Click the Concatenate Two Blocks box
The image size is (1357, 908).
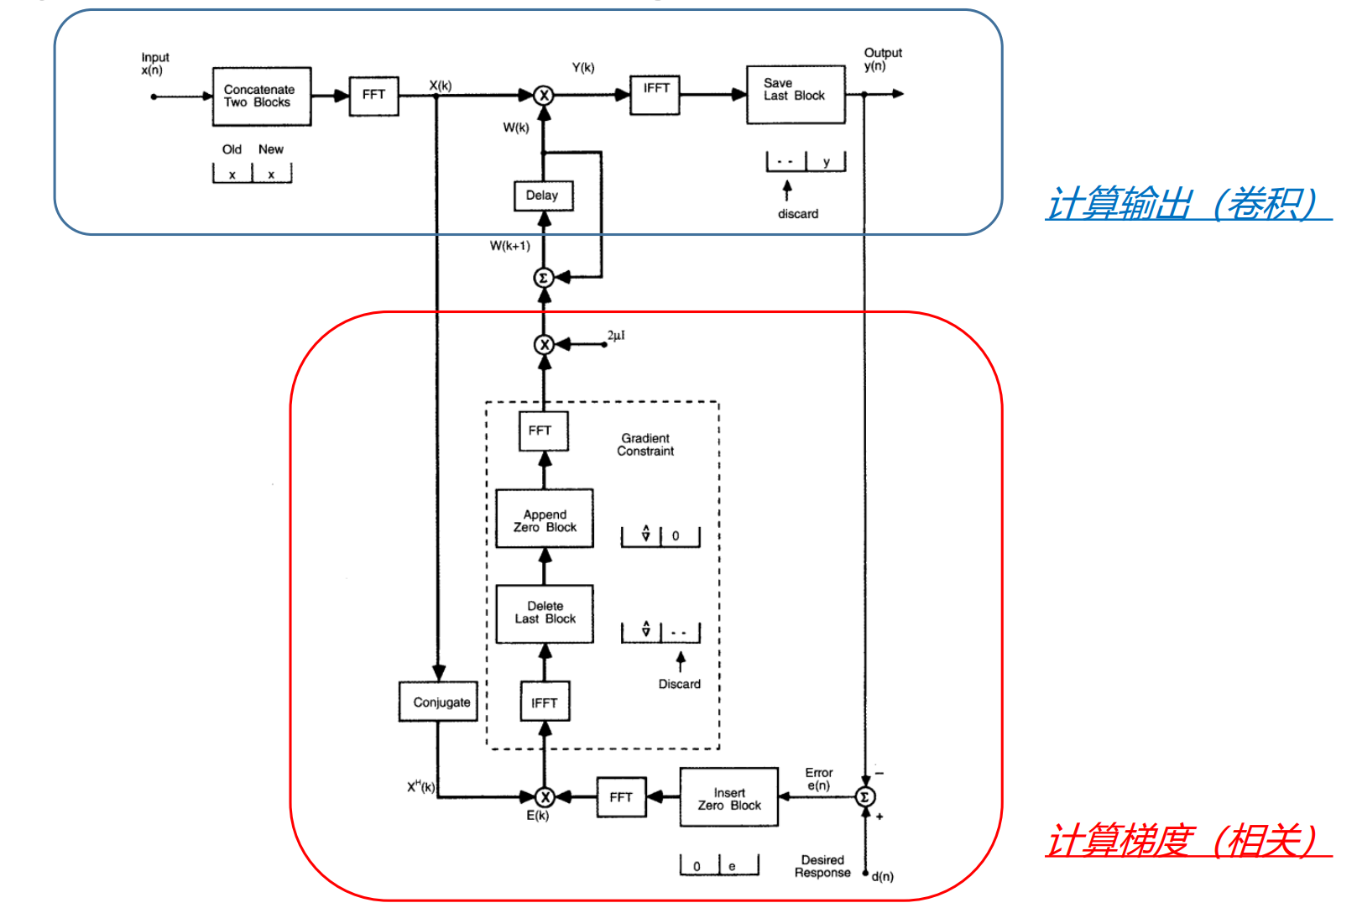(x=262, y=97)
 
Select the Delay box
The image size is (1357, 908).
(x=543, y=196)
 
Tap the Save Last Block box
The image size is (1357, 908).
(x=796, y=95)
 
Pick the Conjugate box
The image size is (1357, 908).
(x=438, y=702)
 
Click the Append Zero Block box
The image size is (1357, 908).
(x=545, y=519)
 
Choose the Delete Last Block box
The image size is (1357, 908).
(x=545, y=613)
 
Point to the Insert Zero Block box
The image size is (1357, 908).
(x=728, y=797)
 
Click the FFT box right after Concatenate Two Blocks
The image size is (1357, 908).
(x=373, y=96)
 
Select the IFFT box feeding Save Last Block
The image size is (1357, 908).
(x=655, y=94)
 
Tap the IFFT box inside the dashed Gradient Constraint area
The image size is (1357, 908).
(x=545, y=702)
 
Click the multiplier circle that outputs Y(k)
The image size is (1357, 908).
(x=544, y=95)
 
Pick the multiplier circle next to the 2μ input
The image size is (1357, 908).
(x=544, y=344)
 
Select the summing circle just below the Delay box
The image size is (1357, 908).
(x=544, y=277)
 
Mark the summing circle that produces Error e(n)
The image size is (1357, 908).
(x=864, y=796)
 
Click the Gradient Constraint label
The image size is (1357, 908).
(x=645, y=445)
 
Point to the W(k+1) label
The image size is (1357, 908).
(x=510, y=246)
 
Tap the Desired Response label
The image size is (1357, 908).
(x=822, y=866)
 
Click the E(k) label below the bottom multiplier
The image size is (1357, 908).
(x=537, y=816)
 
